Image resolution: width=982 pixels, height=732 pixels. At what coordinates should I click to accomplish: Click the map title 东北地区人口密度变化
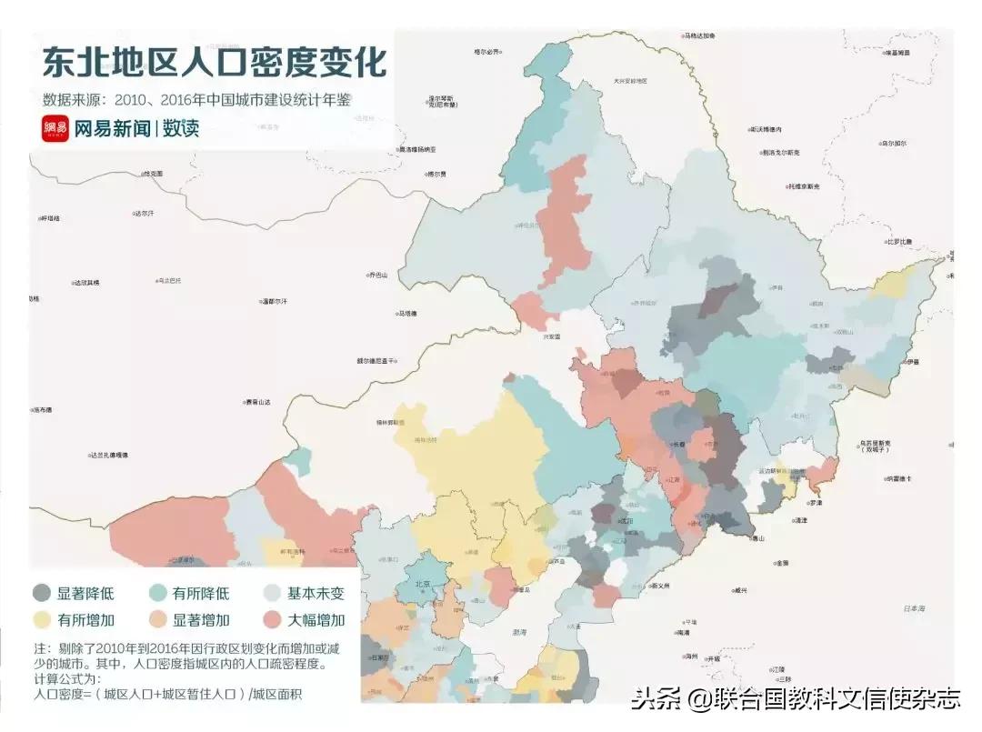[x=214, y=63]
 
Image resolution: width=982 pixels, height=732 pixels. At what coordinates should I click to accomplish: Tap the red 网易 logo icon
[x=55, y=129]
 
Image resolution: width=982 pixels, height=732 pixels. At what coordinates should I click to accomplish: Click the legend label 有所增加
[x=85, y=621]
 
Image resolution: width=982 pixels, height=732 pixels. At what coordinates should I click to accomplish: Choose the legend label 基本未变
[x=316, y=594]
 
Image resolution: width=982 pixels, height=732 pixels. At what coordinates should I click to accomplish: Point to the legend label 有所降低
[x=201, y=594]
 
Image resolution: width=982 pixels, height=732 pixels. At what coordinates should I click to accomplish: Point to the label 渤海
[x=519, y=630]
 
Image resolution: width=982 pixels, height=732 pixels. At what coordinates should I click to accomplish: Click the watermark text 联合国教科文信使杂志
[x=822, y=699]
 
